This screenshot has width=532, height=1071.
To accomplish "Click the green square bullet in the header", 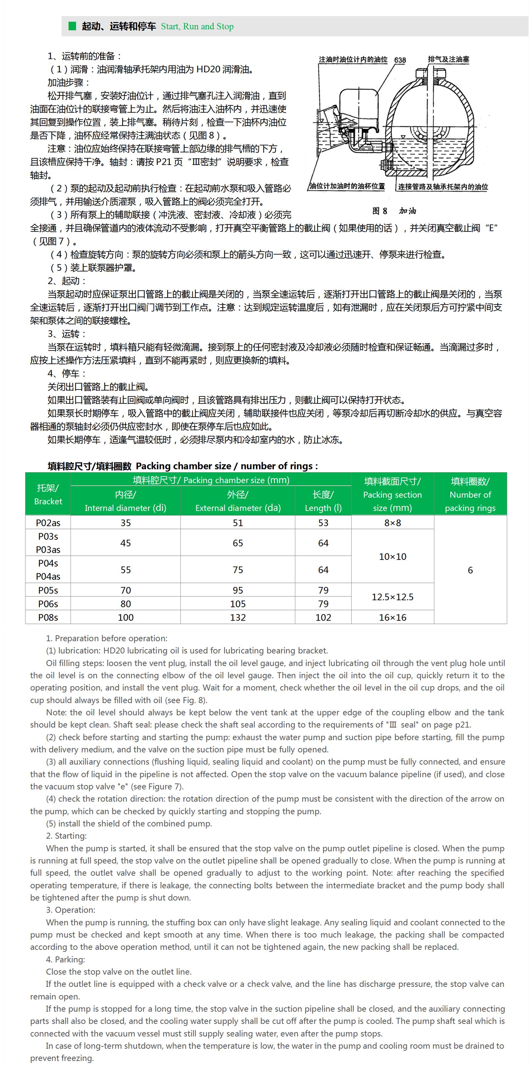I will click(73, 26).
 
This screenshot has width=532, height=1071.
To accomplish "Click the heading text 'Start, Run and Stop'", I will click(197, 26).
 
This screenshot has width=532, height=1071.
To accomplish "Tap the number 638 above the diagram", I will click(400, 60).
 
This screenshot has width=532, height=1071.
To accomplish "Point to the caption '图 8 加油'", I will click(394, 211).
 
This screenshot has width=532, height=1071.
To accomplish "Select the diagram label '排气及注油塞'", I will click(448, 60).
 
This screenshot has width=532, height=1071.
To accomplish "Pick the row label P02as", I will click(48, 523).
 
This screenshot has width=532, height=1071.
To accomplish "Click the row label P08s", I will click(48, 618).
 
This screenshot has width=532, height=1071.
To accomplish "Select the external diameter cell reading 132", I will click(238, 618).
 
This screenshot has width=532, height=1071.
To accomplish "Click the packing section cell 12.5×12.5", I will click(393, 597).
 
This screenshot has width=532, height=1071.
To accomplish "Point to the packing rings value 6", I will click(470, 570).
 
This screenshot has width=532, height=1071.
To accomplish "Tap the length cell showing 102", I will click(323, 618).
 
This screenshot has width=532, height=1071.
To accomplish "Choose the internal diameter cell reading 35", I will click(125, 523).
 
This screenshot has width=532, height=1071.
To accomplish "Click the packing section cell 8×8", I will click(393, 523).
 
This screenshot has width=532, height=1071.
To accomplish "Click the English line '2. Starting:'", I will click(66, 836).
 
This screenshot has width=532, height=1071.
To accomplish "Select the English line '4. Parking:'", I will click(65, 959).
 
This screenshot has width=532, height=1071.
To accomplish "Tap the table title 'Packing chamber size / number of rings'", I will click(226, 466).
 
